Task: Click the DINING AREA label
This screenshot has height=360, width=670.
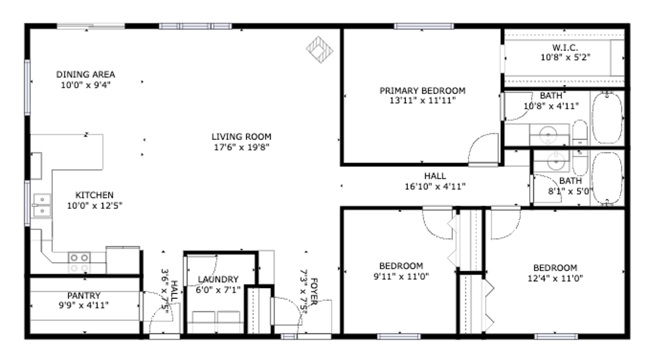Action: point(85,74)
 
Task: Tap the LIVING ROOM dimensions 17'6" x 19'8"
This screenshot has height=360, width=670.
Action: point(241,148)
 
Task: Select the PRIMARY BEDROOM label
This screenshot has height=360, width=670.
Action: point(423,91)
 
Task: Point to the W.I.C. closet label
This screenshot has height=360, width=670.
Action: point(565,47)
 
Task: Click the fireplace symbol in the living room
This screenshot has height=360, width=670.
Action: point(320,49)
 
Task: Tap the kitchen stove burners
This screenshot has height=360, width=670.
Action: point(80,263)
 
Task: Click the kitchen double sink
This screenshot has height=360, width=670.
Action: point(42,205)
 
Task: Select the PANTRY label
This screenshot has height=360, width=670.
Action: point(84,295)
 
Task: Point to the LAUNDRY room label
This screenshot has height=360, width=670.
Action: point(218,280)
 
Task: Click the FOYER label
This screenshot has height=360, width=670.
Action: point(314,292)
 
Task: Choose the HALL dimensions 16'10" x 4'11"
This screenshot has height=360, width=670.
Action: point(435,187)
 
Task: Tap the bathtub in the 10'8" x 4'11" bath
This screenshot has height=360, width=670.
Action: point(607,118)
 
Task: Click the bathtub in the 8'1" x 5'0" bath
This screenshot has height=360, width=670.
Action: point(607,179)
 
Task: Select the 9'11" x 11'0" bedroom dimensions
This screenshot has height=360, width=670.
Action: point(401,277)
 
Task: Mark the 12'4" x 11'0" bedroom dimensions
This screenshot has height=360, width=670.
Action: point(555,278)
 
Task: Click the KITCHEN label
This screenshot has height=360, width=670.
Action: point(94,196)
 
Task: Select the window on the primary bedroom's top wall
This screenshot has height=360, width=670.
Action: point(423,26)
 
